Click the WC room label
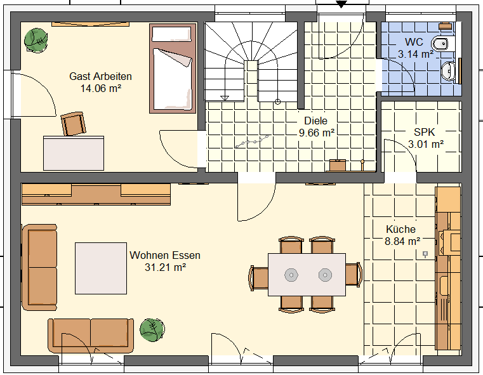click(x=414, y=42)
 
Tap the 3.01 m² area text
click(x=426, y=144)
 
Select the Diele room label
click(x=315, y=121)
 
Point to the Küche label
click(x=400, y=229)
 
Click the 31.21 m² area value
click(x=166, y=267)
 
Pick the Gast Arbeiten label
click(x=100, y=76)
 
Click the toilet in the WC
click(x=444, y=43)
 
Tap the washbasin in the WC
click(x=448, y=71)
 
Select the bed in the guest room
click(x=173, y=69)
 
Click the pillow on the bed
click(x=171, y=34)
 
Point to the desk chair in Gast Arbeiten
click(x=74, y=124)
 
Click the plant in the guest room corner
click(x=36, y=41)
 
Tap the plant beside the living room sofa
click(x=152, y=330)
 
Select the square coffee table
click(x=101, y=268)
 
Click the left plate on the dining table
click(x=291, y=275)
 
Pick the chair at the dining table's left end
click(x=258, y=279)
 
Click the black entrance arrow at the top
click(x=341, y=4)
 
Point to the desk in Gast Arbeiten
click(x=74, y=153)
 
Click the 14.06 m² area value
click(x=101, y=89)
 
